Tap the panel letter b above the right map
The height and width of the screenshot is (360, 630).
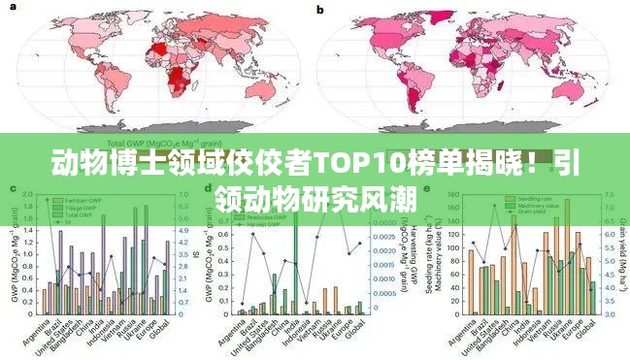coord(320,9)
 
